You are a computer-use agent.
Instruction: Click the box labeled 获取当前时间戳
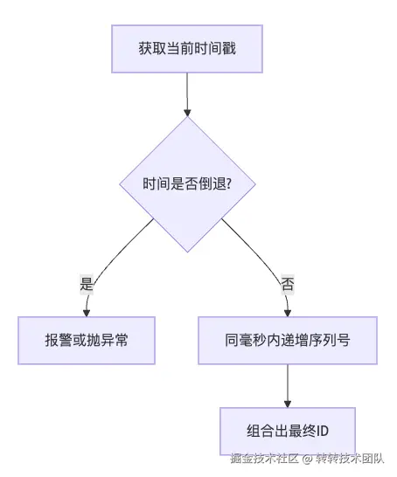(x=186, y=49)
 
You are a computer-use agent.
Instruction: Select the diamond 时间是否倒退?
(x=186, y=184)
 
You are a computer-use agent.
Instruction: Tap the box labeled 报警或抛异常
(x=87, y=340)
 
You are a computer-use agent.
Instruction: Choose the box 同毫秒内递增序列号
(x=287, y=340)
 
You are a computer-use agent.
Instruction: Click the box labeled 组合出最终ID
(x=287, y=432)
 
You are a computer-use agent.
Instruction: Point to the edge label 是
(x=87, y=283)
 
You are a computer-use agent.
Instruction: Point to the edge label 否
(x=287, y=283)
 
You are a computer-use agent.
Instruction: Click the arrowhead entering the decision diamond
(x=186, y=112)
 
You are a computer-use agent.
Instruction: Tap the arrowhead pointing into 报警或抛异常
(x=87, y=312)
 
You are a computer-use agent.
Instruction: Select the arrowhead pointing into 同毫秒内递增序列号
(x=287, y=312)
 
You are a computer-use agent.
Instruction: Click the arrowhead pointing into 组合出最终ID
(x=287, y=403)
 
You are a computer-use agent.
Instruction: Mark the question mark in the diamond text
(x=227, y=185)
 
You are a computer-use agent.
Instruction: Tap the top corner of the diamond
(x=186, y=119)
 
